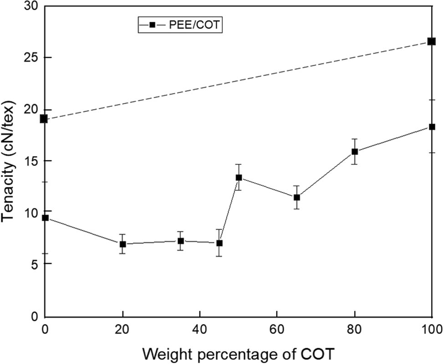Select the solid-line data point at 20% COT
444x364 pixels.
(x=122, y=244)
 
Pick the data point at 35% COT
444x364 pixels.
(x=181, y=241)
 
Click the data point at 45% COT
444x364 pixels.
(x=219, y=243)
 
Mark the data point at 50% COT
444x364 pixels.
(x=239, y=177)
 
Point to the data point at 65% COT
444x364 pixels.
(x=297, y=197)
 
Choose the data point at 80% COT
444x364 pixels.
(x=355, y=151)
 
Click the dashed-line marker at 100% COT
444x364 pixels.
(x=431, y=41)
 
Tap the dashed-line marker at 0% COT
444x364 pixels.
(x=44, y=119)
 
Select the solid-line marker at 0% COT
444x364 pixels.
(x=45, y=218)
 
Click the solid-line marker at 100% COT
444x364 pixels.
(x=432, y=127)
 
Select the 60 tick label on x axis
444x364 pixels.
(x=276, y=327)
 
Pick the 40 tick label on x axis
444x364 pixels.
(x=199, y=327)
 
